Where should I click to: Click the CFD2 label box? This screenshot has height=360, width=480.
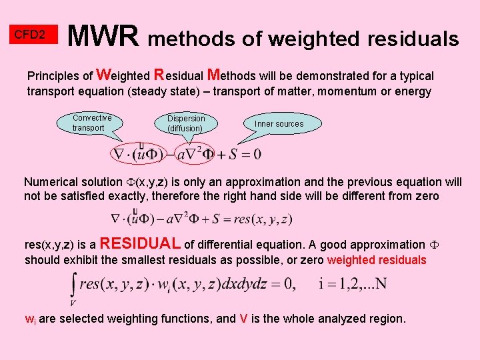point(30,34)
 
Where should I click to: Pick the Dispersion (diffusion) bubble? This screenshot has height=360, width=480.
point(186,123)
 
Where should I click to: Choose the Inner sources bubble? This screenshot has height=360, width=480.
point(279,124)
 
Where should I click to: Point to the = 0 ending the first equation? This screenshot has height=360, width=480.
point(251,155)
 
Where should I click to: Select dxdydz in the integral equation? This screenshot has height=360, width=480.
point(247,285)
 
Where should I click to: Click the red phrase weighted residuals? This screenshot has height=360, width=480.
point(377,260)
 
